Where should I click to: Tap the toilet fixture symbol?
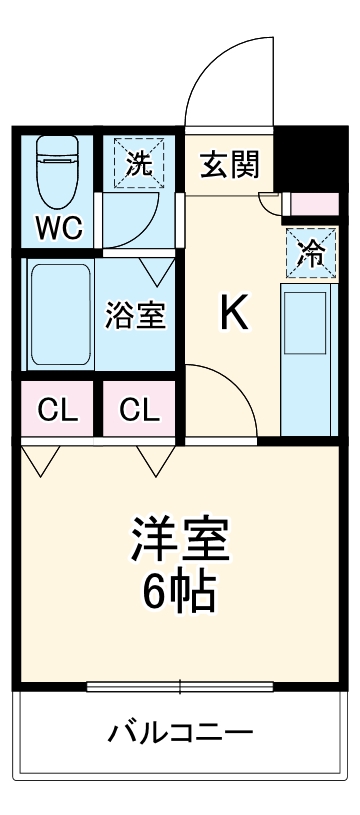[x=58, y=170]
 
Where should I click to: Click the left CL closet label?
[x=56, y=409]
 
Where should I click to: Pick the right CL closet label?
[x=139, y=409]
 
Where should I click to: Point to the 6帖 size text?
[x=180, y=594]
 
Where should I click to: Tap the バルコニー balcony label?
[x=180, y=733]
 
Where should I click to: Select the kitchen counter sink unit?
[x=306, y=360]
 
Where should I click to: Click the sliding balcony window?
[x=180, y=686]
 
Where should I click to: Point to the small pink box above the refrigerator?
[x=310, y=206]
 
